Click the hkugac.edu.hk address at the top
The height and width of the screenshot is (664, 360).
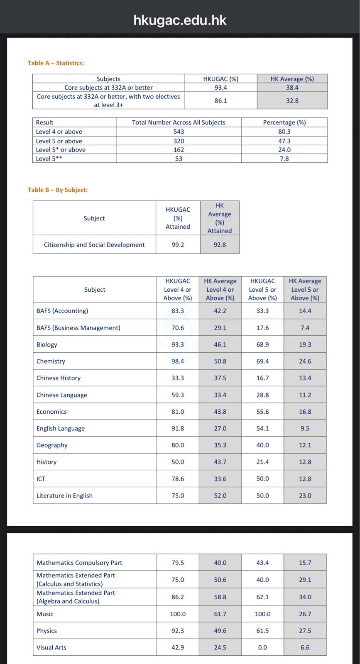[x=180, y=20]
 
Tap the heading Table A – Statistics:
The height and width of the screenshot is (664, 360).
[x=56, y=63]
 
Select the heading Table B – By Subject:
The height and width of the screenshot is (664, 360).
[x=58, y=190]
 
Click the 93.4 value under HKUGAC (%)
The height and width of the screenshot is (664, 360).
[x=220, y=88]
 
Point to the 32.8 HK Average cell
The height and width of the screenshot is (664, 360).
[x=292, y=100]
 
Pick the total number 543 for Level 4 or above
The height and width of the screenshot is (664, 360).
[x=179, y=132]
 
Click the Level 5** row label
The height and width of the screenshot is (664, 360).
[x=49, y=159]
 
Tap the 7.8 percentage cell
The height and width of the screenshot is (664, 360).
[x=284, y=159]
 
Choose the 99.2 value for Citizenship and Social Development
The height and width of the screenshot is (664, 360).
[x=178, y=245]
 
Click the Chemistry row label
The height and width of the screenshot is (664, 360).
[x=51, y=361]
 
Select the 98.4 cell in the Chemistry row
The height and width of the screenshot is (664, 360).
[x=178, y=361]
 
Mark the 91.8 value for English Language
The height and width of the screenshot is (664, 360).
[x=178, y=428]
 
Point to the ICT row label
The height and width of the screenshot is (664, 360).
[x=41, y=478]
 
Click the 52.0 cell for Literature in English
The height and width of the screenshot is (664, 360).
[x=220, y=496]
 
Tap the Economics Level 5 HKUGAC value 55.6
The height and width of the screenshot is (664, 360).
[x=262, y=412]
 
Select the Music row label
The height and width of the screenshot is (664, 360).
[x=45, y=614]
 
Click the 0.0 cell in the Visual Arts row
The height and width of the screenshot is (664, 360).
[x=262, y=647]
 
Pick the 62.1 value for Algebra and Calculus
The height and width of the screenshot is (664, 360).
[x=262, y=597]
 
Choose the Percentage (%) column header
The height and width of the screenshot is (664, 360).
[x=284, y=122]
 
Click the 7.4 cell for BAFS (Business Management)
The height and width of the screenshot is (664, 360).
[x=305, y=328]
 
